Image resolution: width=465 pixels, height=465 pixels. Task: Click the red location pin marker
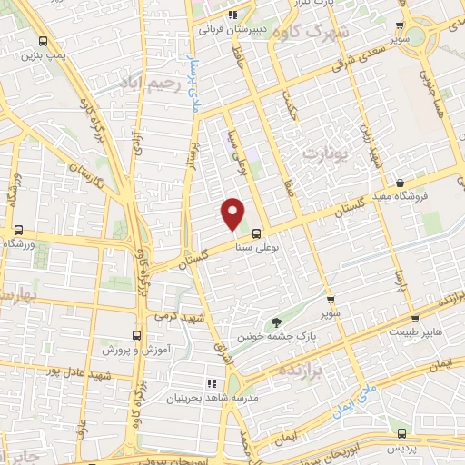pyautogui.click(x=233, y=214)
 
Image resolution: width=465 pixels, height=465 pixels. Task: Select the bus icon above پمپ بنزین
pyautogui.click(x=44, y=41)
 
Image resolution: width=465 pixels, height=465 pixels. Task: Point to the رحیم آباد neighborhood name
pyautogui.click(x=143, y=84)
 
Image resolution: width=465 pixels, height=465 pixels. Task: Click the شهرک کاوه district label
pyautogui.click(x=315, y=33)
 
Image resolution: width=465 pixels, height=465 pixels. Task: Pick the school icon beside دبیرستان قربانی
pyautogui.click(x=232, y=15)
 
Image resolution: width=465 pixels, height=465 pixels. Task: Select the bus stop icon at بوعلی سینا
pyautogui.click(x=256, y=232)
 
